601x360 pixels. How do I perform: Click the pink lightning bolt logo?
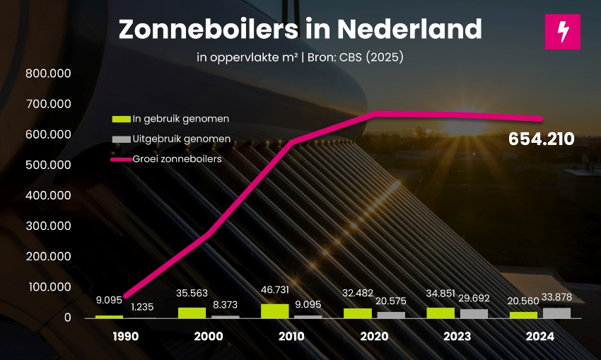coord(562,32)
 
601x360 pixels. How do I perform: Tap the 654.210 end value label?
coord(541,139)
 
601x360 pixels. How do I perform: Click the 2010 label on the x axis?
coord(291,337)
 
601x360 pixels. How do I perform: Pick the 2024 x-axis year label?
coord(540,337)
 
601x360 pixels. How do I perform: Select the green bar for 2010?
coord(275,310)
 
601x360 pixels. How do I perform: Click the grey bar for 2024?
coord(556,313)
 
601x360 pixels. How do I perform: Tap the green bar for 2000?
coord(192,313)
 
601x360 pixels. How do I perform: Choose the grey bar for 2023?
coord(474,313)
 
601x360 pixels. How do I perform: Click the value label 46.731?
coord(275,290)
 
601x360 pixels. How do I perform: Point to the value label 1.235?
coord(141,307)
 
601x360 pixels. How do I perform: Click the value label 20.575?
coord(391,301)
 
